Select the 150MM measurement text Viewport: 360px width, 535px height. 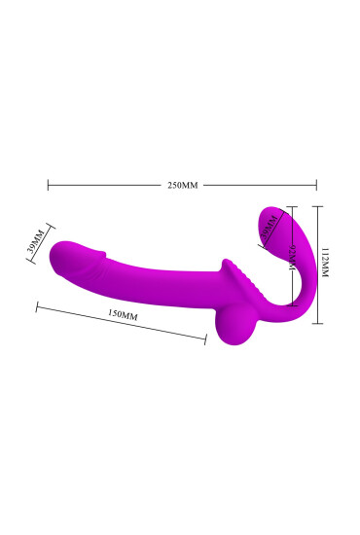[123, 316]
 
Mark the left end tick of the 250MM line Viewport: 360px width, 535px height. [48, 183]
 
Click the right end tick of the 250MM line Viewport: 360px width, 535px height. [316, 183]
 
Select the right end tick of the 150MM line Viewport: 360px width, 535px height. [206, 339]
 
